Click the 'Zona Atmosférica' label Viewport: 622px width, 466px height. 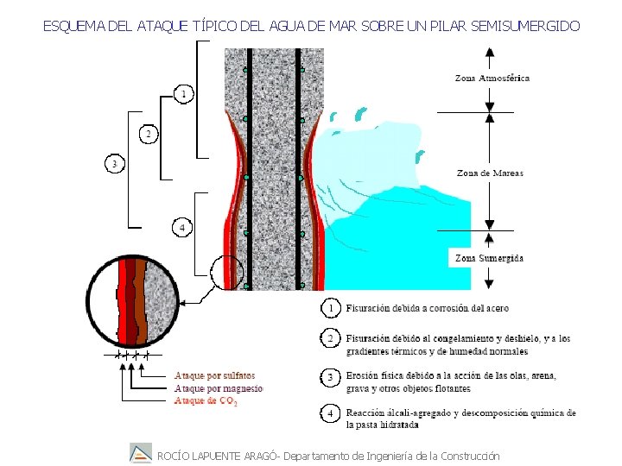[492, 79]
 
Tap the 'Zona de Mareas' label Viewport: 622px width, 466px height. [490, 173]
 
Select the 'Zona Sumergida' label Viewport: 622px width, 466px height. [489, 258]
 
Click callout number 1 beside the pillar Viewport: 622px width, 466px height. [182, 93]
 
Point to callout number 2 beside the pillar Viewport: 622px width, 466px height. [148, 135]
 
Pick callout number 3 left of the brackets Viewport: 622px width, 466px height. [113, 163]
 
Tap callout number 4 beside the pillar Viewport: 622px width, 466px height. [181, 228]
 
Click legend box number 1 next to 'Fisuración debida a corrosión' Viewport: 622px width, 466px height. [330, 308]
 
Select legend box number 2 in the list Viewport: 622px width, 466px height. [330, 339]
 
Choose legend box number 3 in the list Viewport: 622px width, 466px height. [330, 378]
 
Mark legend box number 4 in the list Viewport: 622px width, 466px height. [330, 414]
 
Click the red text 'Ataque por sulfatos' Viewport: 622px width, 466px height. [214, 375]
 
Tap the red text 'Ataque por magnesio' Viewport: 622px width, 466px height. [218, 388]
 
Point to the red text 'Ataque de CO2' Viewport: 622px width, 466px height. [206, 400]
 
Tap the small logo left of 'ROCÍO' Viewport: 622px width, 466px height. [140, 453]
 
